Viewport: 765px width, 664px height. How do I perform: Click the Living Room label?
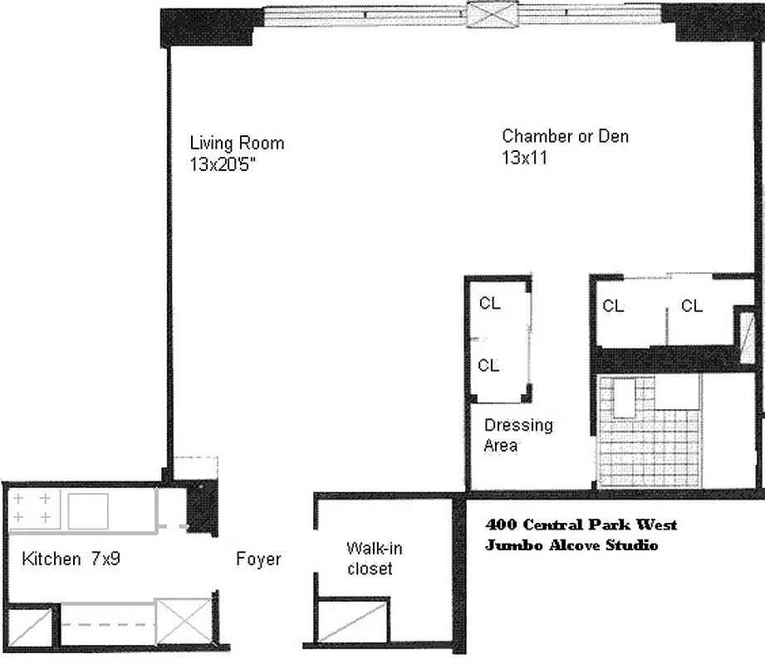(237, 143)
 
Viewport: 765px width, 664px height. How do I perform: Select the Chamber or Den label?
(565, 136)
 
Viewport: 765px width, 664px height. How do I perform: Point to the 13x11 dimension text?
(523, 158)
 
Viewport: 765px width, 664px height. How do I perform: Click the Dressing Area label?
(518, 435)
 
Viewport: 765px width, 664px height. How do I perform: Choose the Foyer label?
(258, 559)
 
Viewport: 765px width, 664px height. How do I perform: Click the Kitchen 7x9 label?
(71, 559)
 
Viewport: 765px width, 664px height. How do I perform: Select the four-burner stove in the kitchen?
(32, 509)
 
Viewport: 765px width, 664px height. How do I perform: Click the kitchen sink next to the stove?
(88, 510)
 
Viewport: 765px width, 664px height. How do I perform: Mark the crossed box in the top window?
(492, 15)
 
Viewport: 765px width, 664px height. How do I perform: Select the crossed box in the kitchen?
(184, 619)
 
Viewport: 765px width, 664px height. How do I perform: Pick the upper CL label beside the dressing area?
(489, 304)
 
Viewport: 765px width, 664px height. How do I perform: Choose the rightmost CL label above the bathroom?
(692, 306)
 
